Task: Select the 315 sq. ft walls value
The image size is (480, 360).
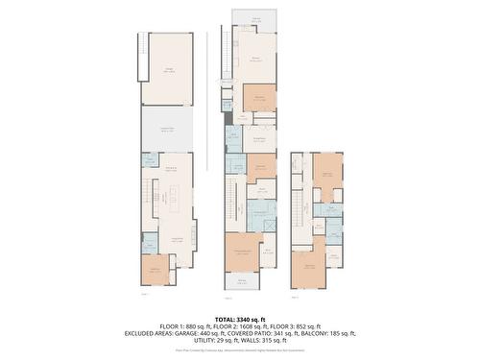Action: (278, 341)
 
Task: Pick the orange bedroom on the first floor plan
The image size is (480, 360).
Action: (154, 270)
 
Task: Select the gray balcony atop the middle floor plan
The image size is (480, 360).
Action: (257, 20)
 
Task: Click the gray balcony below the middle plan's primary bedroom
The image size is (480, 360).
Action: (243, 280)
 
